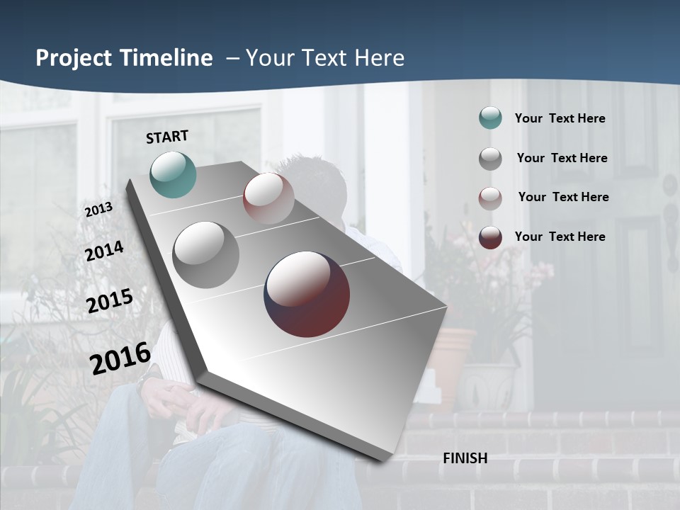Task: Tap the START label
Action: pos(167,137)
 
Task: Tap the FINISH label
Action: pos(465,458)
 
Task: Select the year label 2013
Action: pos(98,210)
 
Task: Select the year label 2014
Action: pos(104,251)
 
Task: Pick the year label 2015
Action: pos(110,301)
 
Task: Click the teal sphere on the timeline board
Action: pos(173,174)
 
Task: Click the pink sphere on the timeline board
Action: pos(268,198)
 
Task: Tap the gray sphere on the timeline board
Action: pos(206,255)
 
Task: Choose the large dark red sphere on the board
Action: pos(307,294)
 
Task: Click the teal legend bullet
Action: pos(490,118)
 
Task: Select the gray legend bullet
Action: pos(490,158)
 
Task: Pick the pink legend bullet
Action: pos(490,198)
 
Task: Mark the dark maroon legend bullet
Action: pos(490,237)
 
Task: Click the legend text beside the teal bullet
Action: pos(560,118)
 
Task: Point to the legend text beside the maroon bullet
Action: pos(560,237)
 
